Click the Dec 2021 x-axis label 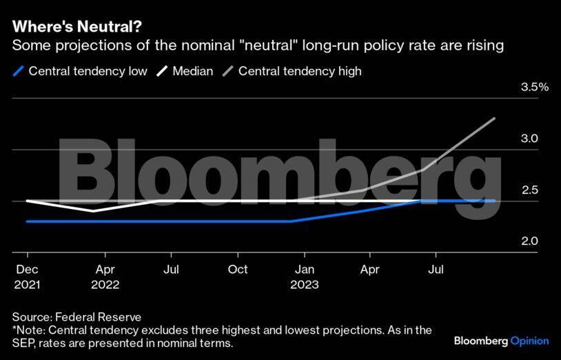pos(27,277)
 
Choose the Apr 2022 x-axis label pos(105,277)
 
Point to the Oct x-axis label pos(238,270)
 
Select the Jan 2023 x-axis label pos(305,277)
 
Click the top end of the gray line pos(495,119)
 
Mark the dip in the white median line pos(94,211)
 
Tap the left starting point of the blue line pos(27,221)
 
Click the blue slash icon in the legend pos(18,71)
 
